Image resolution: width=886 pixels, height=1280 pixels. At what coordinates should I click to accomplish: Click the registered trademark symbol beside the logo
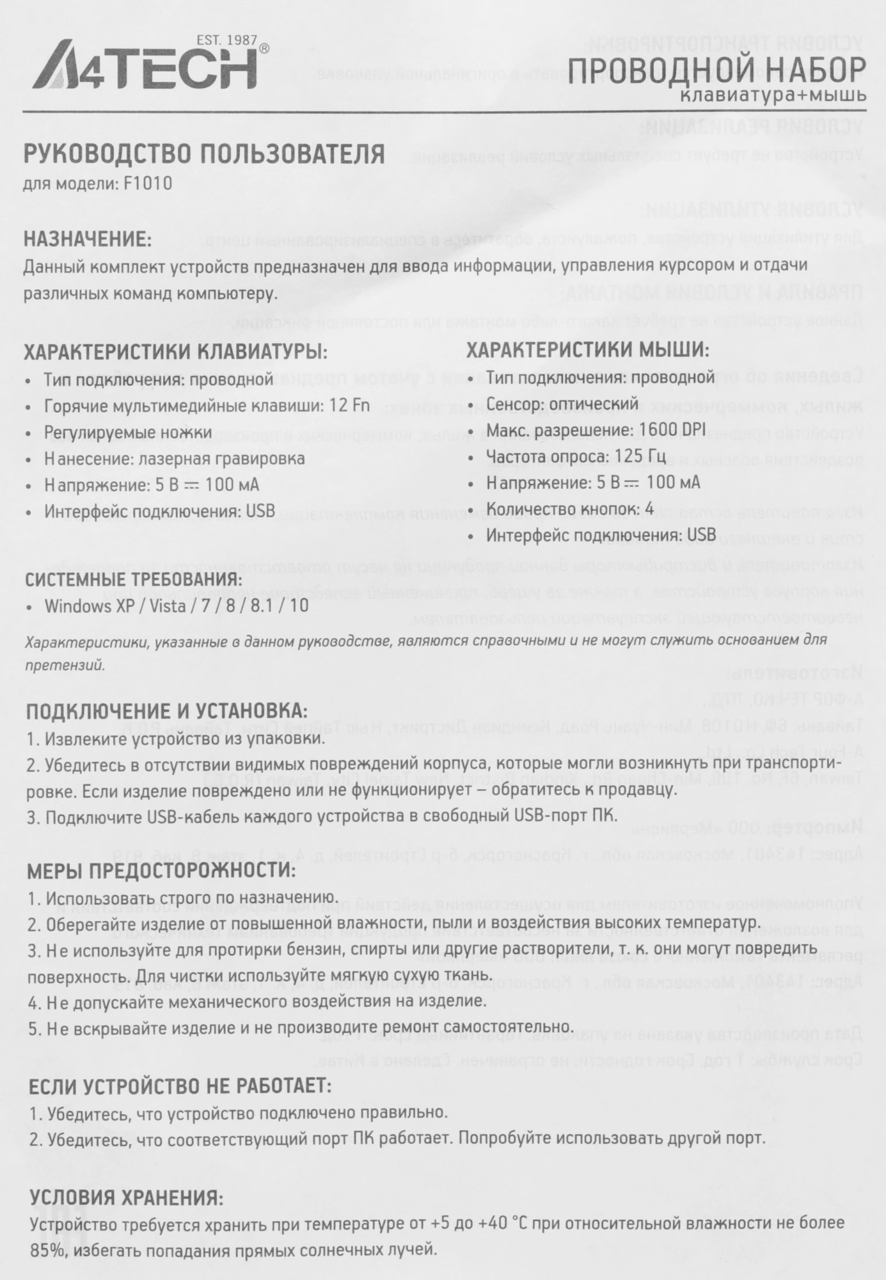point(264,49)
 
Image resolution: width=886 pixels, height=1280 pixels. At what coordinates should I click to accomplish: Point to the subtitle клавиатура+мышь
point(773,95)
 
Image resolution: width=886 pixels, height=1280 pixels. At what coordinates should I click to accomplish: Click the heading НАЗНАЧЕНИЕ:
point(88,239)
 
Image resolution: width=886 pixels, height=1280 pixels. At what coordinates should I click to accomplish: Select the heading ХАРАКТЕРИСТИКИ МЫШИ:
point(587,350)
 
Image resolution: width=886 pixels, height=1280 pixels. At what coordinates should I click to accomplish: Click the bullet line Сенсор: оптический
point(562,404)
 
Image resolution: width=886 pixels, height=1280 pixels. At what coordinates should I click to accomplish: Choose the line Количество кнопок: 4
point(570,509)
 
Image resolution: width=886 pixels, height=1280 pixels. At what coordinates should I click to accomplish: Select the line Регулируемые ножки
point(128,433)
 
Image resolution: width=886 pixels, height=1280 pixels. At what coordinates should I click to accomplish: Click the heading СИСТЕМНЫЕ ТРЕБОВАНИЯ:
point(134,580)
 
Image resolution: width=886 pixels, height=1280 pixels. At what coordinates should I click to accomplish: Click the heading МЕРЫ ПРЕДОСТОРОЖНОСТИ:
point(161,870)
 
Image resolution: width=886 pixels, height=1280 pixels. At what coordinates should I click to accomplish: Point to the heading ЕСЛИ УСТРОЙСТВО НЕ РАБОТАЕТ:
point(178,1086)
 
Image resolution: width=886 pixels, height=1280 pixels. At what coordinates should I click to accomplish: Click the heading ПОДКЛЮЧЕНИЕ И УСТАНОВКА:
point(166,711)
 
